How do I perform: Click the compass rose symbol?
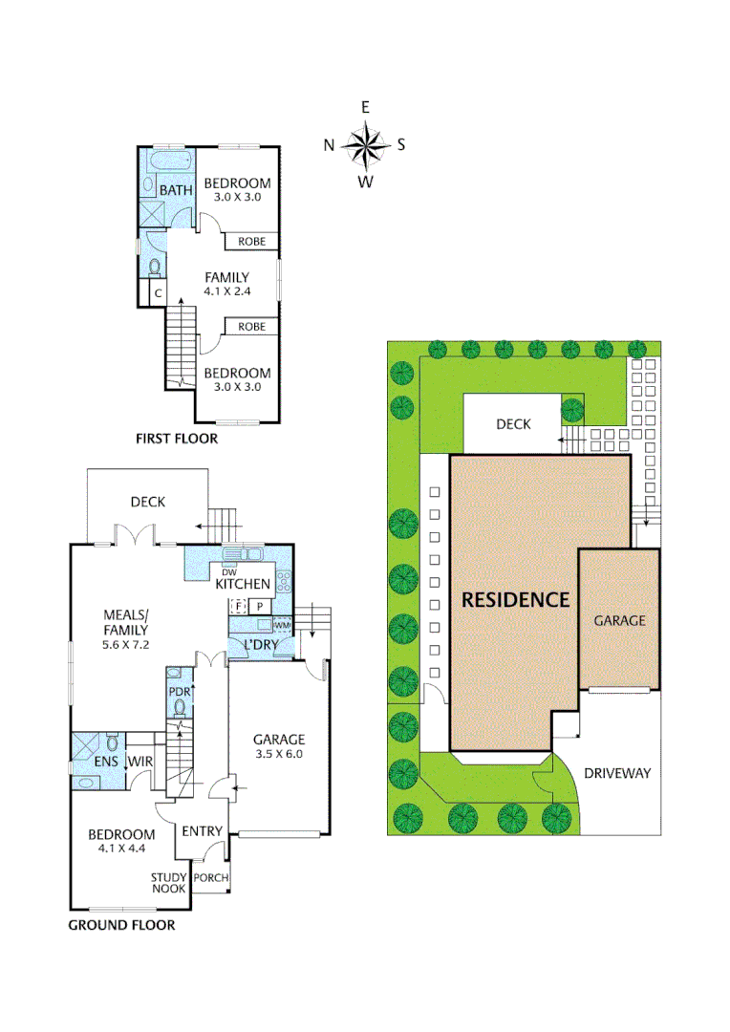pos(364,145)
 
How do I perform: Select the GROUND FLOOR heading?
pos(121,925)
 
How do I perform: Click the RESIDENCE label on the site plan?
pos(515,600)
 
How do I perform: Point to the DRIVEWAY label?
pos(616,772)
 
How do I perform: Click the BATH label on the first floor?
pos(176,190)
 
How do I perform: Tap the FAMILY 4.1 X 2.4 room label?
pos(226,284)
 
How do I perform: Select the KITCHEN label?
pos(243,584)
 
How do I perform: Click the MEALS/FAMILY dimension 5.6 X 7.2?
pos(126,644)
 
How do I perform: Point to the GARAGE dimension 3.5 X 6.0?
pos(279,754)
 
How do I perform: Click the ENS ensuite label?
pos(105,762)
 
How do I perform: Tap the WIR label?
pos(141,762)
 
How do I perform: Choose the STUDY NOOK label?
pos(169,884)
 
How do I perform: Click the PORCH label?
pos(210,878)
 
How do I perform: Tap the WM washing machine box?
pos(282,626)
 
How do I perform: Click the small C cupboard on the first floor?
pos(158,293)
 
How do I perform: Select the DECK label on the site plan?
pos(513,424)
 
